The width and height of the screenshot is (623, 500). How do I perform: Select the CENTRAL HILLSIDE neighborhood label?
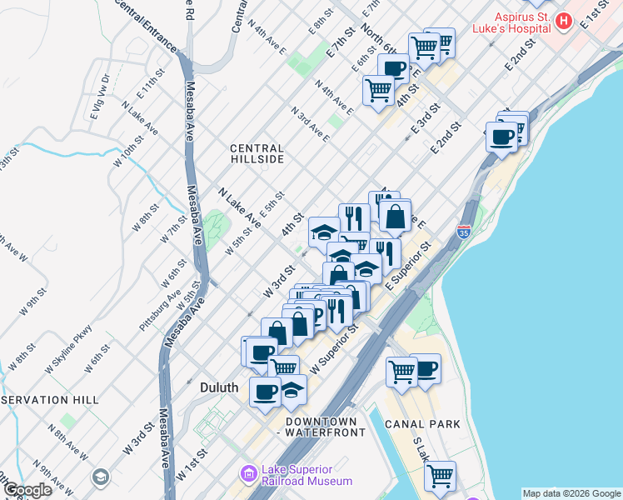(x=257, y=153)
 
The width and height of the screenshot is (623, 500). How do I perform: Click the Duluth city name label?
(x=220, y=387)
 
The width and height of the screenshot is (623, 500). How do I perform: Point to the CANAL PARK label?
(x=422, y=424)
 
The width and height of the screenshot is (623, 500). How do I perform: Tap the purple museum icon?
(x=247, y=474)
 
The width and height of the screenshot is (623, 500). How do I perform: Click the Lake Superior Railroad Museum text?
(x=307, y=475)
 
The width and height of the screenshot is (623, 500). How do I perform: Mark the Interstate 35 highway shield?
(x=465, y=231)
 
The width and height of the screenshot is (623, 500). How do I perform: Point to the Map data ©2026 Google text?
(x=571, y=493)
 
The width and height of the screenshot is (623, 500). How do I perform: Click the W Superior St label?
(x=334, y=348)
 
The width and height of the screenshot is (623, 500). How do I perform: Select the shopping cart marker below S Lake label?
(x=439, y=476)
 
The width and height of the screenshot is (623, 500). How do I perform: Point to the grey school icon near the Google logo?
(x=100, y=477)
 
